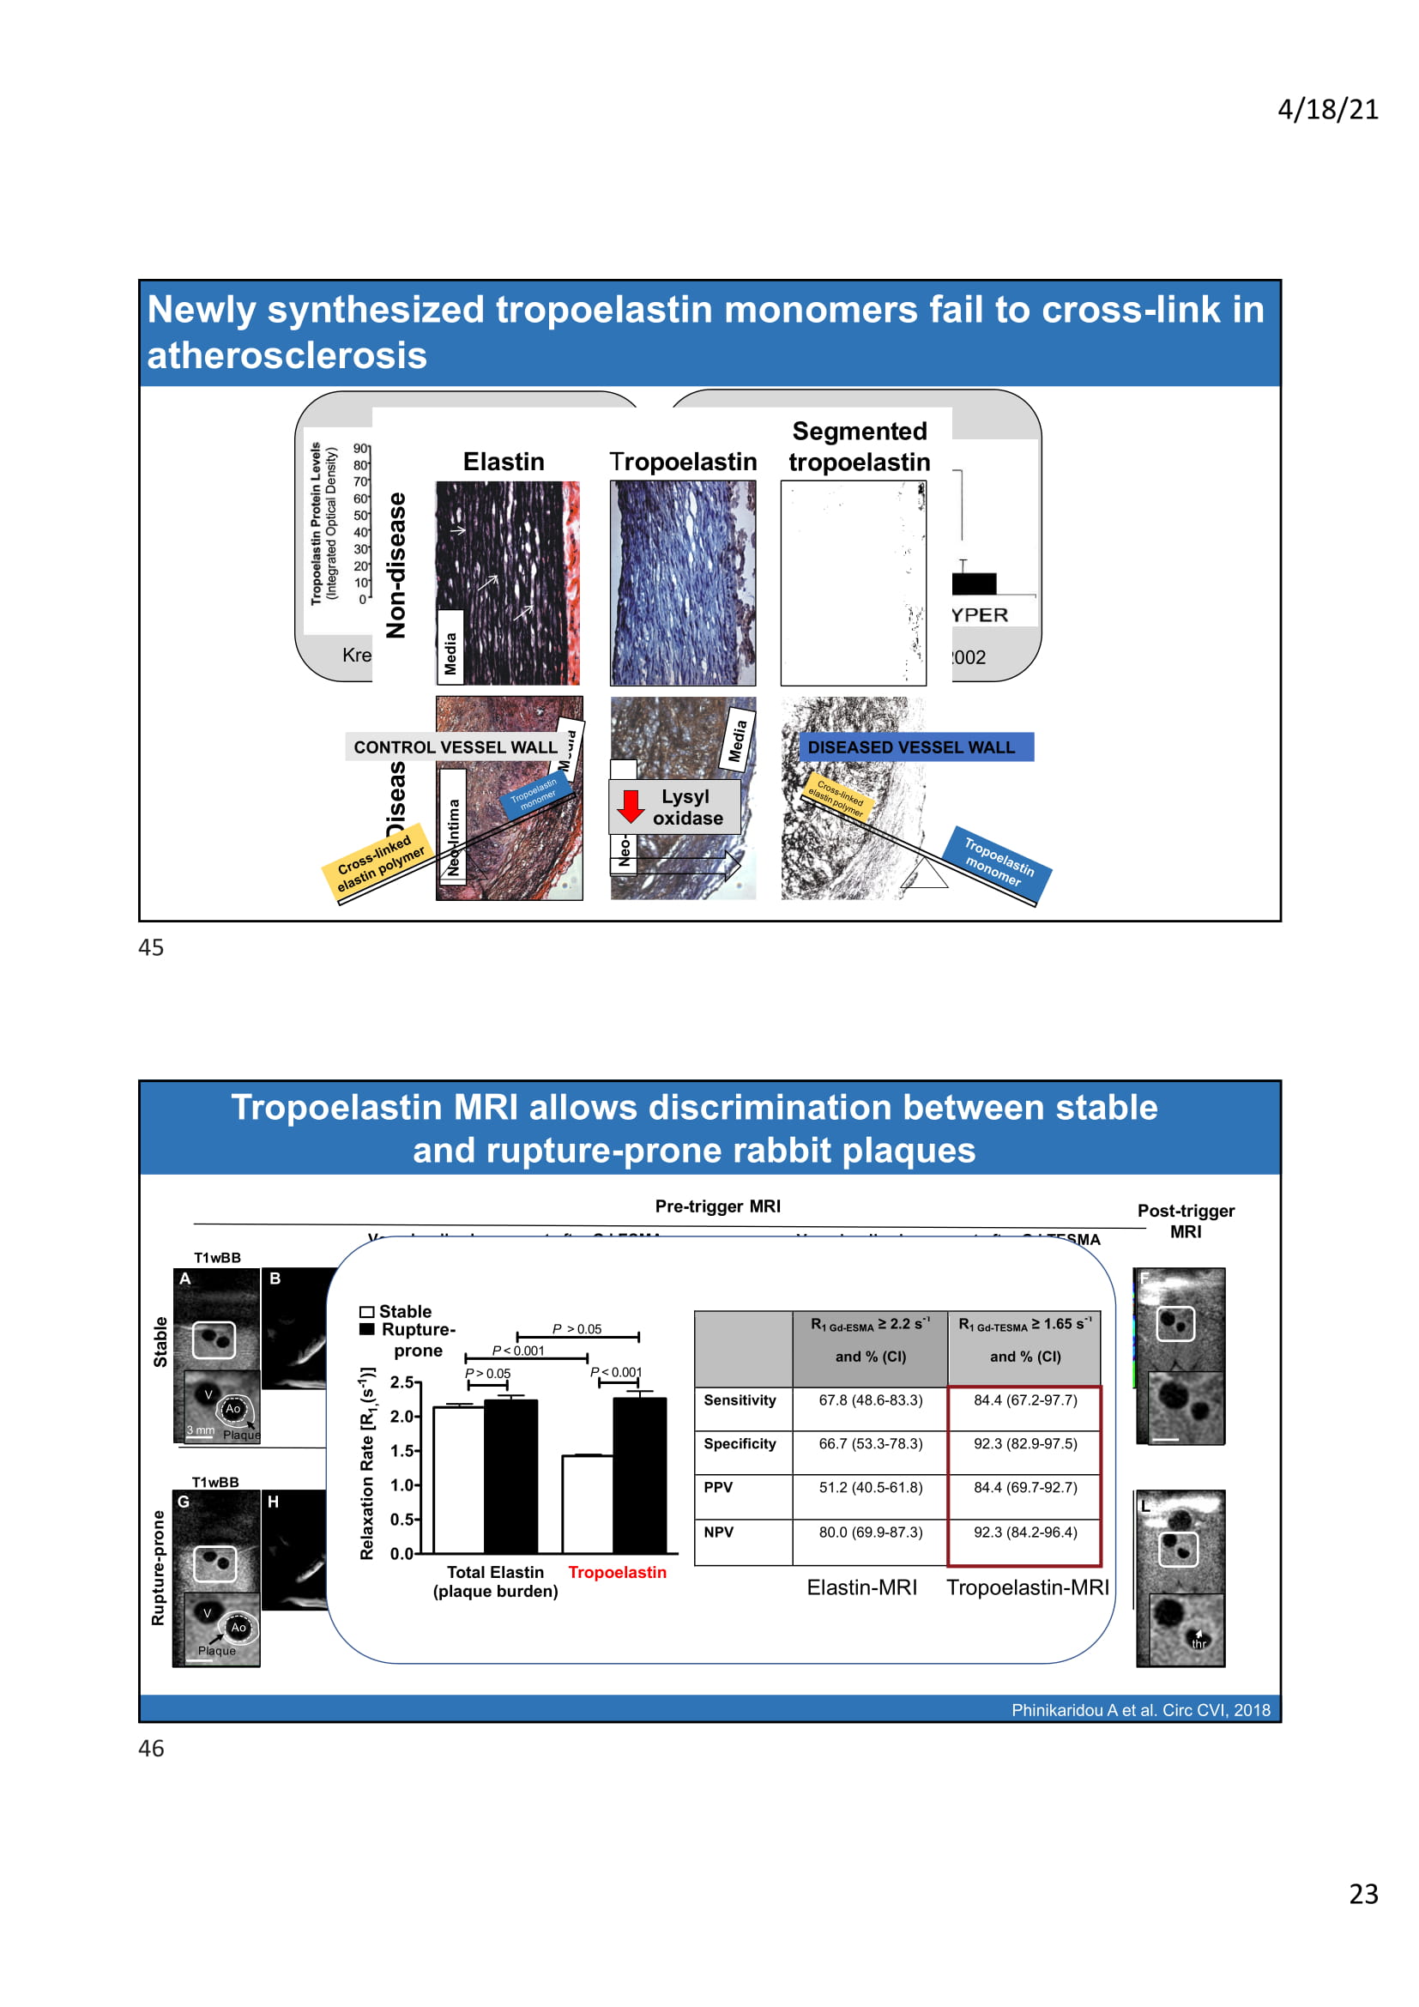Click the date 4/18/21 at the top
point(1327,110)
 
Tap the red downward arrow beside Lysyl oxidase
point(630,806)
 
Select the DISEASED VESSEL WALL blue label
point(915,747)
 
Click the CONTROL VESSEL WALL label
point(455,747)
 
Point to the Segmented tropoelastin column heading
point(859,447)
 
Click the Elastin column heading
point(504,462)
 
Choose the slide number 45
point(151,947)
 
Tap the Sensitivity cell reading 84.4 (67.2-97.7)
point(1025,1400)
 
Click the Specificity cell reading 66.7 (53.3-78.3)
point(870,1444)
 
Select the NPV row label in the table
point(718,1532)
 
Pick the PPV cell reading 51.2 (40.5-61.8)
point(870,1488)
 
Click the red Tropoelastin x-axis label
point(617,1573)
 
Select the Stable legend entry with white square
point(396,1311)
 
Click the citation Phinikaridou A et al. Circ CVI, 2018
point(1140,1710)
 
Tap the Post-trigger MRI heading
point(1186,1221)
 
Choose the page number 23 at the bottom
point(1363,1894)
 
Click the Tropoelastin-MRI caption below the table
point(1028,1587)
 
